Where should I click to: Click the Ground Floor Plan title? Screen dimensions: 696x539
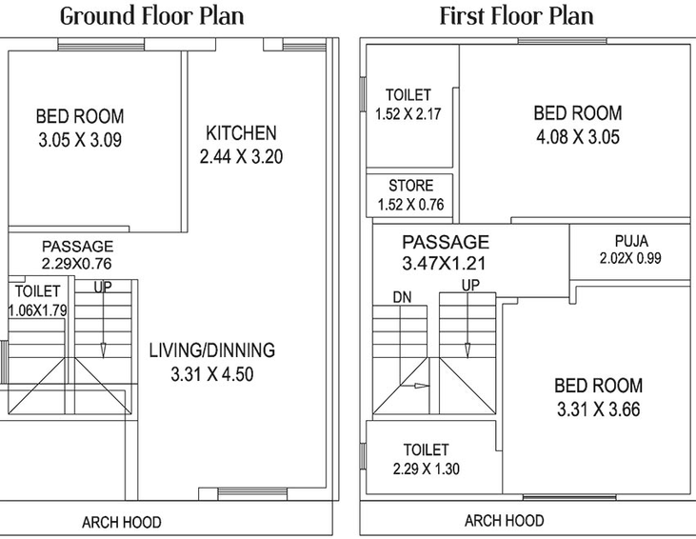click(151, 16)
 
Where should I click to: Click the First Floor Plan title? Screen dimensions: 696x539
click(517, 16)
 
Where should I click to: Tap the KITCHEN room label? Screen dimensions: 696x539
click(241, 133)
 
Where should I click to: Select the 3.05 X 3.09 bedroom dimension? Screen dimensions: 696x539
click(80, 140)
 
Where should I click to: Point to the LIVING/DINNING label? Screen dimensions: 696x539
click(212, 350)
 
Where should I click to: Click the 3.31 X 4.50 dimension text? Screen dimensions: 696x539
click(212, 374)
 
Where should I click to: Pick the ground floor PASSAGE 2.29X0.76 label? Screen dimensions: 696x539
click(77, 255)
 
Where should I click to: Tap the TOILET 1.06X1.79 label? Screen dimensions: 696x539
click(38, 301)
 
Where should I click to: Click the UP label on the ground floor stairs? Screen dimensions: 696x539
click(103, 288)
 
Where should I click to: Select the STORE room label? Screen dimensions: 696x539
click(411, 186)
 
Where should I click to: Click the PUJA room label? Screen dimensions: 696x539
click(631, 241)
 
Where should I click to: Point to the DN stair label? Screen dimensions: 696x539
click(402, 297)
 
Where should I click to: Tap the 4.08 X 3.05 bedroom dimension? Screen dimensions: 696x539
click(578, 137)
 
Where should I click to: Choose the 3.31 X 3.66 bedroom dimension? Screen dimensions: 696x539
click(598, 409)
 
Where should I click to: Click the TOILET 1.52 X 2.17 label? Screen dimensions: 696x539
click(408, 105)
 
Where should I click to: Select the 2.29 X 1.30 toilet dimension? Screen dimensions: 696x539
click(427, 469)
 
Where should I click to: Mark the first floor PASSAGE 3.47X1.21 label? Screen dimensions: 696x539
click(446, 252)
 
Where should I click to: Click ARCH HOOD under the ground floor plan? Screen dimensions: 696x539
click(122, 522)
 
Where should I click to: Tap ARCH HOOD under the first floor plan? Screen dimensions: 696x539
click(505, 520)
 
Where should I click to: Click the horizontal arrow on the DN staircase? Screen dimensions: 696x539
click(414, 386)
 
